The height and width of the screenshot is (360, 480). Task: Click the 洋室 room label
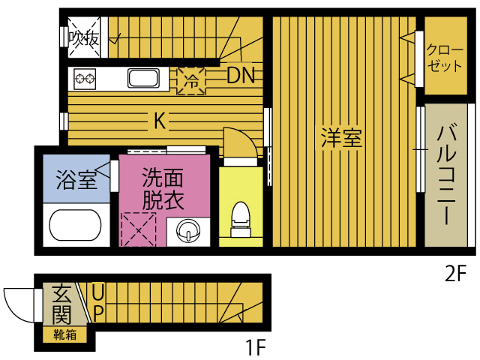pyautogui.click(x=341, y=139)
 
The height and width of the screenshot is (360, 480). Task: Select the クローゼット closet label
pyautogui.click(x=445, y=58)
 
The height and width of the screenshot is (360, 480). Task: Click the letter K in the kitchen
pyautogui.click(x=160, y=119)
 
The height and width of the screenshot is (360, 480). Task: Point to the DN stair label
pyautogui.click(x=241, y=74)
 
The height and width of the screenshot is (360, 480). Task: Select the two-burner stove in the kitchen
pyautogui.click(x=85, y=78)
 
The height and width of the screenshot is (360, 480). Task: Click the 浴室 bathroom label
pyautogui.click(x=76, y=181)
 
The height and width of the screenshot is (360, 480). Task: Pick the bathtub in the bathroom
pyautogui.click(x=76, y=226)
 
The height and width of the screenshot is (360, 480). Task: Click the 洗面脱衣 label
pyautogui.click(x=163, y=190)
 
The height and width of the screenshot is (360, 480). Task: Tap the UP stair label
pyautogui.click(x=98, y=301)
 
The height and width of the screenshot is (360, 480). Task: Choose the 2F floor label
pyautogui.click(x=455, y=273)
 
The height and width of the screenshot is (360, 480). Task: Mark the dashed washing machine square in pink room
pyautogui.click(x=138, y=229)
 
